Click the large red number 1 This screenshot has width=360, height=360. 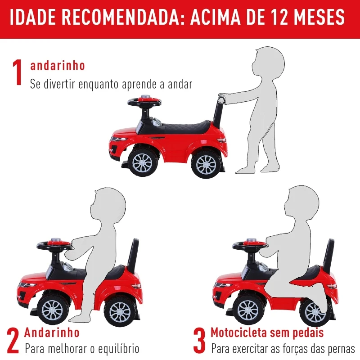click(x=18, y=72)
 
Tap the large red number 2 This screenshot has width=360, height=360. click(x=13, y=341)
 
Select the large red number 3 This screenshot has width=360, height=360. click(x=199, y=341)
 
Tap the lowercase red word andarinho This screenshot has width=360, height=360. click(x=58, y=65)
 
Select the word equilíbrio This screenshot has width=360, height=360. click(x=119, y=349)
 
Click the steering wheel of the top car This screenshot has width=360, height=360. click(x=144, y=102)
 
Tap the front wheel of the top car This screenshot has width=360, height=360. click(x=142, y=163)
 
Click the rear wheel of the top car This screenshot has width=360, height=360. click(x=207, y=164)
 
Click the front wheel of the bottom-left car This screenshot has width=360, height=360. click(x=53, y=311)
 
